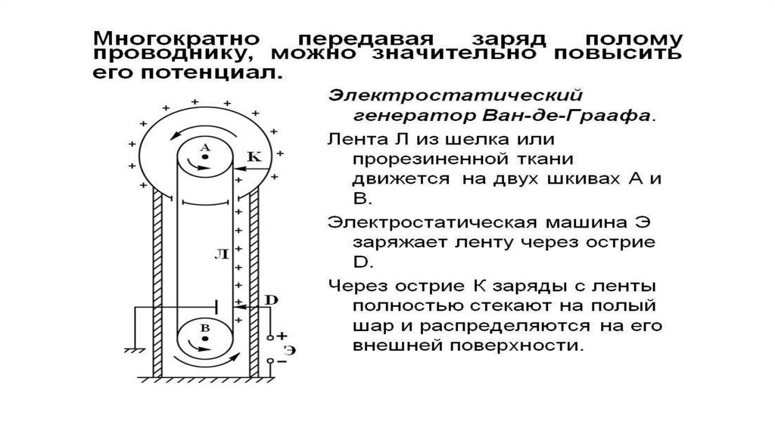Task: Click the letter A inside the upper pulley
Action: click(205, 147)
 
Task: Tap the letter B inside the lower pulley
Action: click(205, 328)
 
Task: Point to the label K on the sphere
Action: click(254, 157)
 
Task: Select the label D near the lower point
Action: click(272, 299)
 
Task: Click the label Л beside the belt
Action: click(222, 254)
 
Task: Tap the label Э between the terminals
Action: click(290, 351)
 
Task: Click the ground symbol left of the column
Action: click(132, 351)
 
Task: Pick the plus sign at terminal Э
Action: click(282, 336)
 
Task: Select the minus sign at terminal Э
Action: click(282, 361)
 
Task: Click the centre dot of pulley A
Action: click(205, 157)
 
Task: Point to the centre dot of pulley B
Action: click(205, 339)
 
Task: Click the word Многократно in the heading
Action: click(176, 39)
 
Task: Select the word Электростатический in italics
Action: click(455, 95)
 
